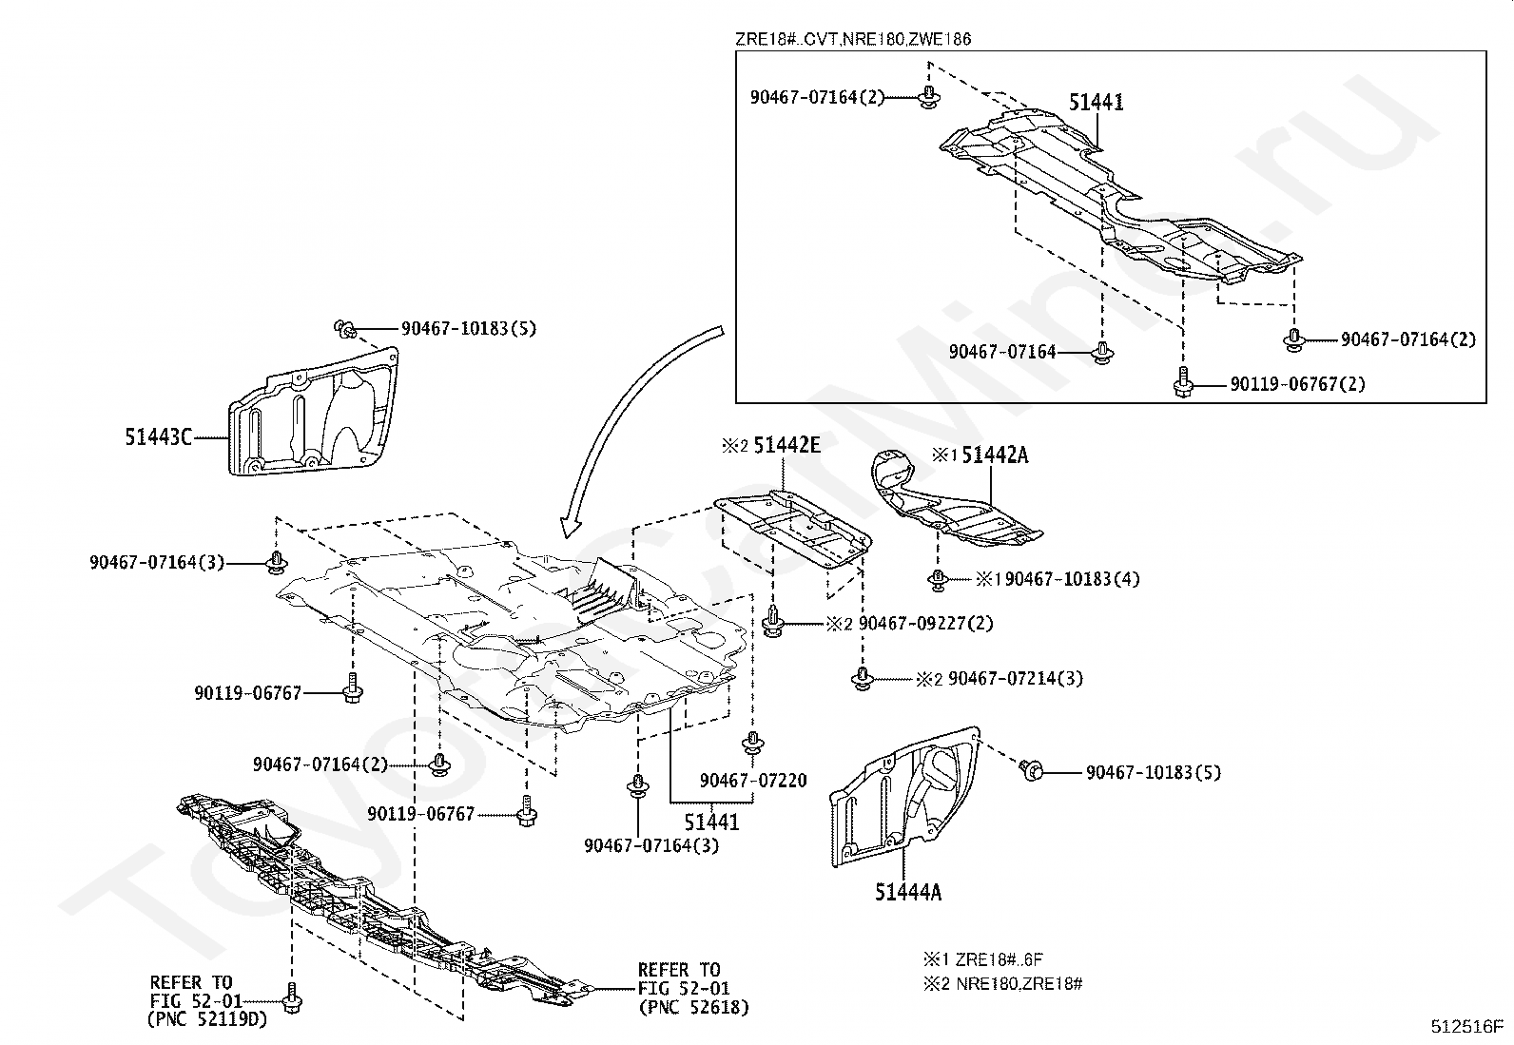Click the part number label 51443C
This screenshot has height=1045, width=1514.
pyautogui.click(x=158, y=436)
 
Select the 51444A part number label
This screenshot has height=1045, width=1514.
pyautogui.click(x=908, y=892)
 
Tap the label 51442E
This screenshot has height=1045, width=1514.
pyautogui.click(x=786, y=444)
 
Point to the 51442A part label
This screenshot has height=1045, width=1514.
pyautogui.click(x=994, y=455)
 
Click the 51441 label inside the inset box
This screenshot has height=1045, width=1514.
pyautogui.click(x=1096, y=103)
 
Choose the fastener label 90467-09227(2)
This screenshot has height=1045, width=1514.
pyautogui.click(x=925, y=624)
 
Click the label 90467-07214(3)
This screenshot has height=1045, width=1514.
pyautogui.click(x=1015, y=679)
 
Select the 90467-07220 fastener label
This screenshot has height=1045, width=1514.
pyautogui.click(x=752, y=781)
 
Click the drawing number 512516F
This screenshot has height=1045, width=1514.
pyautogui.click(x=1467, y=1027)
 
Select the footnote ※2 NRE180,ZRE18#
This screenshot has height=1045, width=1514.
pyautogui.click(x=1002, y=983)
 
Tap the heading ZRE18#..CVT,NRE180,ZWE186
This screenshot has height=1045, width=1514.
pyautogui.click(x=852, y=39)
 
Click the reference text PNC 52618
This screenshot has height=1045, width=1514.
pyautogui.click(x=693, y=1007)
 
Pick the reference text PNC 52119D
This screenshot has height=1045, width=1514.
pyautogui.click(x=207, y=1019)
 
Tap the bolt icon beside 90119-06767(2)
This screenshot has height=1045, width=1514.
pyautogui.click(x=1182, y=382)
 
